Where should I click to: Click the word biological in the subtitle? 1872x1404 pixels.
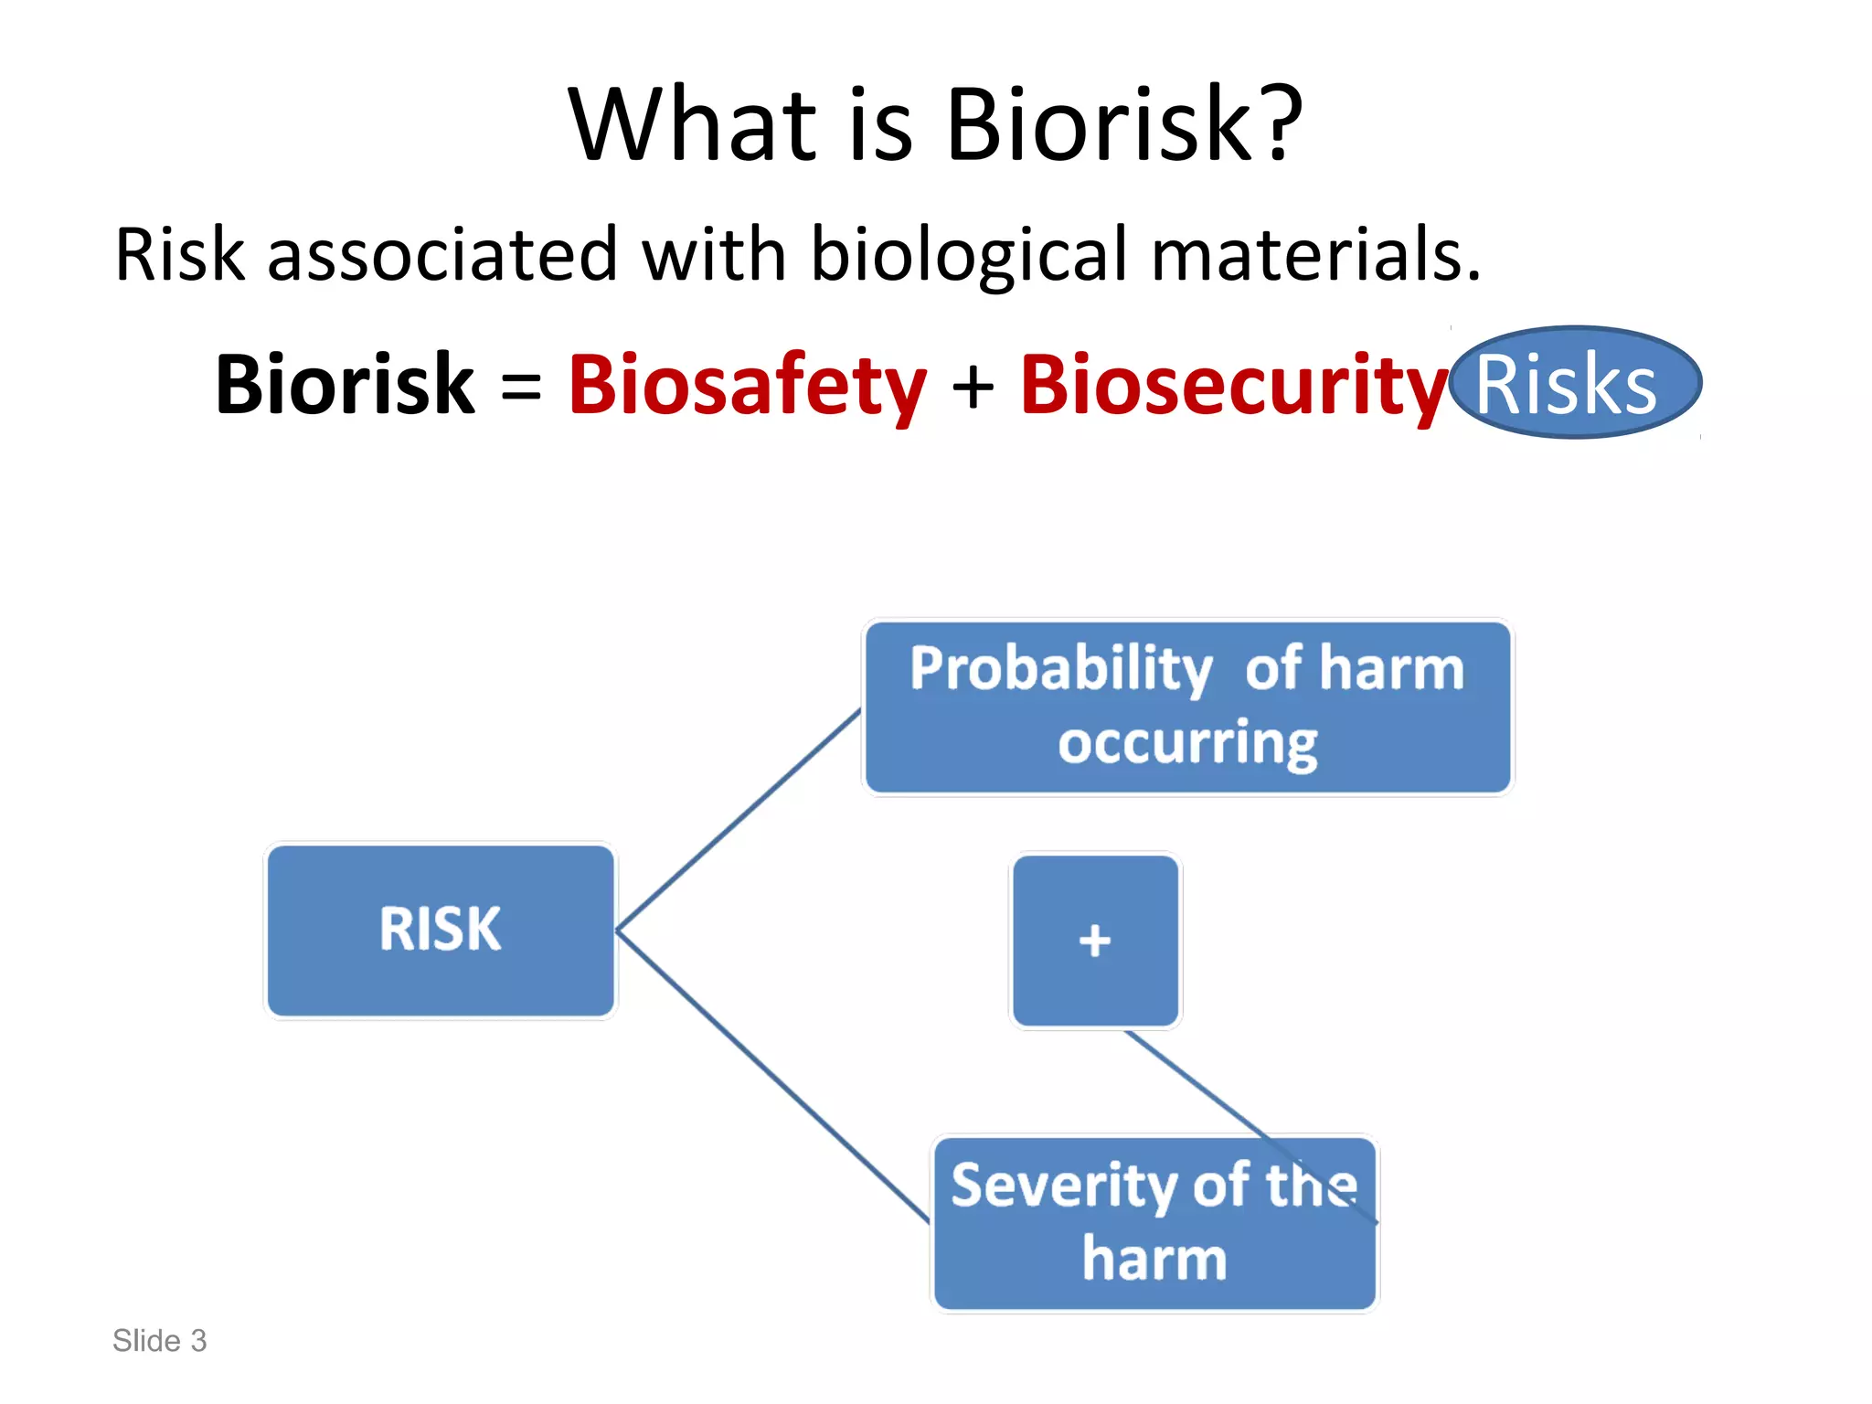point(969,256)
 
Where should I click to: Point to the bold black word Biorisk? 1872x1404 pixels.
point(345,385)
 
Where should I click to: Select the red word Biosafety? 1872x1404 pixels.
point(747,385)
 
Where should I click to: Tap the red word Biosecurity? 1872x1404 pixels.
point(1233,385)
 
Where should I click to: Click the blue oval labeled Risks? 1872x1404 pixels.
point(1574,383)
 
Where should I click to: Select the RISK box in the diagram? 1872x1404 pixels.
point(441,930)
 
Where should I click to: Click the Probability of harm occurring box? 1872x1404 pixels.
point(1186,706)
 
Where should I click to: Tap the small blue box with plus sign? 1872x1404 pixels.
point(1094,940)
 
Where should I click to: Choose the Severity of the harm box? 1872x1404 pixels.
point(1154,1223)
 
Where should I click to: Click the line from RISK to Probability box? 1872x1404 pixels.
point(739,820)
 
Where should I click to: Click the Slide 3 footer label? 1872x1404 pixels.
point(159,1340)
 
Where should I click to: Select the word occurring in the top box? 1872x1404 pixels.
point(1186,742)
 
